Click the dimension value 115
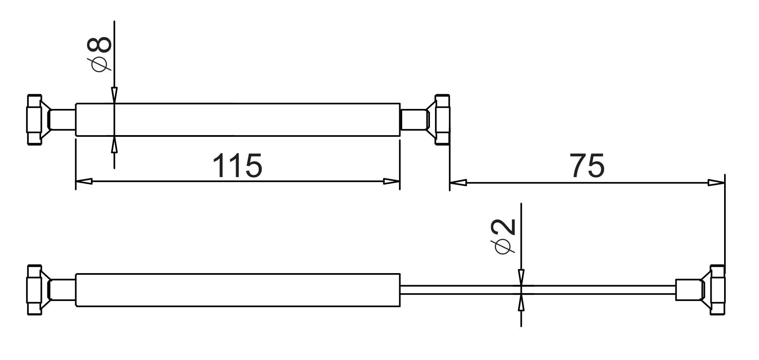(x=237, y=165)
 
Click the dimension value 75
(x=587, y=165)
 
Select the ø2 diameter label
(x=504, y=236)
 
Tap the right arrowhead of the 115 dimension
(x=391, y=182)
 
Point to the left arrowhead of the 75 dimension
(x=458, y=182)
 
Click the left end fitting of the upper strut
(x=36, y=120)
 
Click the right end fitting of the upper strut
(x=441, y=120)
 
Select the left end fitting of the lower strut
(x=36, y=290)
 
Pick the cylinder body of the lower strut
(x=237, y=290)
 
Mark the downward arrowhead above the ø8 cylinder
(x=114, y=95)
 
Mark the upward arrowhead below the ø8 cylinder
(x=114, y=144)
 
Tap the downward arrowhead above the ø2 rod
(x=521, y=278)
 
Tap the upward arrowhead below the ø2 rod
(x=521, y=302)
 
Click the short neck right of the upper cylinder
(x=413, y=120)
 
